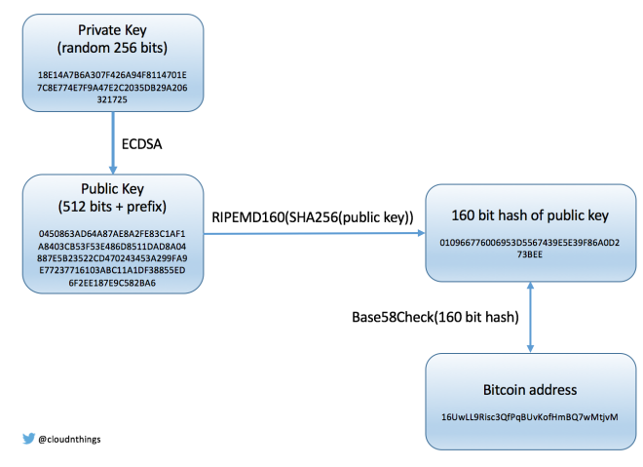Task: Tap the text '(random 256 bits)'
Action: (x=113, y=49)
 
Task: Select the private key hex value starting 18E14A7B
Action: (x=113, y=86)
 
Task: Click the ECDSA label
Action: (x=142, y=142)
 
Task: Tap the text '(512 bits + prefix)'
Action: (x=113, y=207)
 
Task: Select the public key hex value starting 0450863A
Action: (x=113, y=258)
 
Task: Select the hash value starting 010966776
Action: (x=530, y=246)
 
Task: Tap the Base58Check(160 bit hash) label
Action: (x=435, y=318)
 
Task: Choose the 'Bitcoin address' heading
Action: (x=530, y=389)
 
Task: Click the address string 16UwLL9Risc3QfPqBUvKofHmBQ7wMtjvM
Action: (x=530, y=416)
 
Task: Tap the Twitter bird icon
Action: (x=28, y=439)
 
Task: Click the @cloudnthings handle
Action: (x=69, y=439)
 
